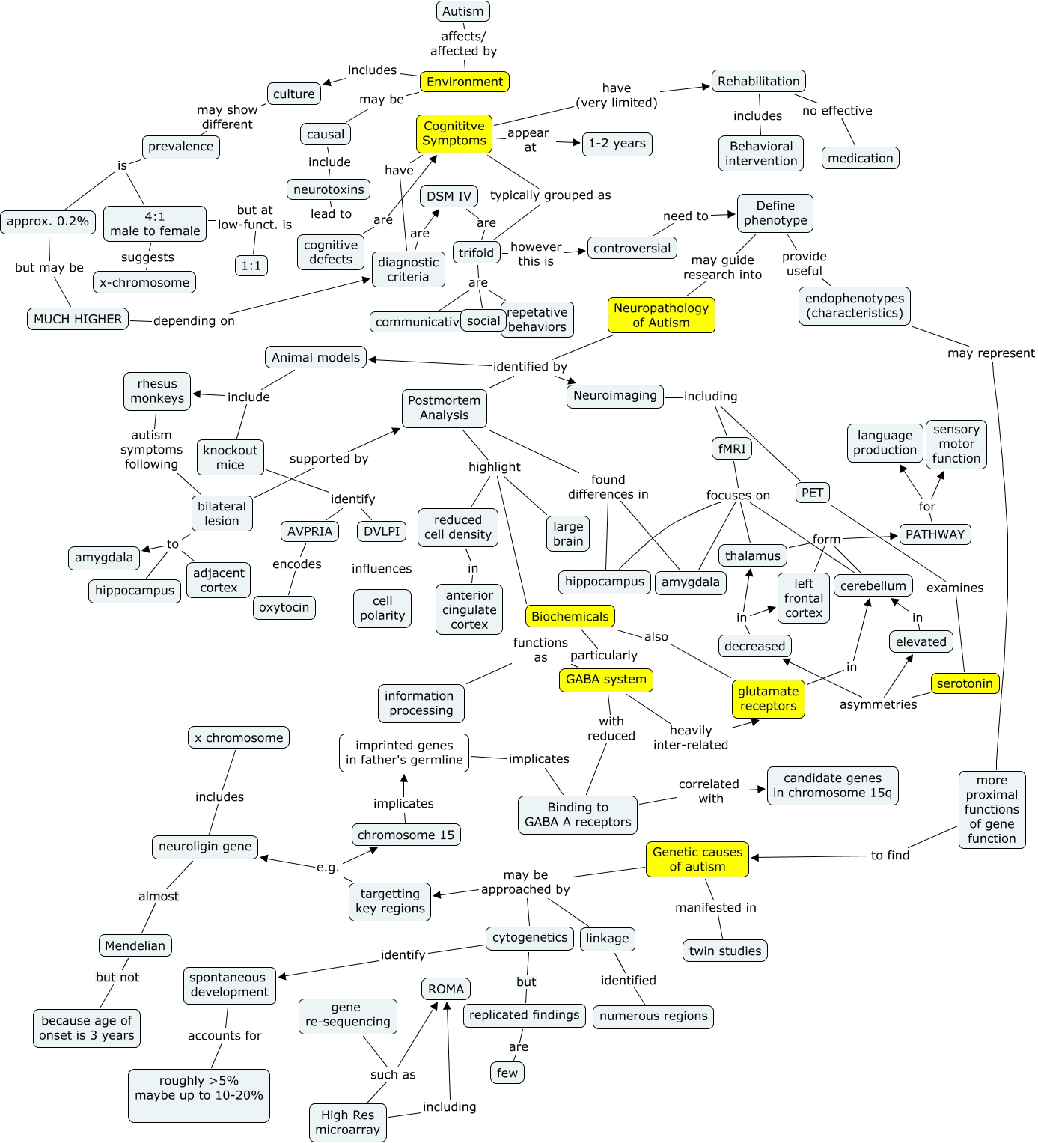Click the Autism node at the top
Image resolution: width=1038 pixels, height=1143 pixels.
tap(462, 11)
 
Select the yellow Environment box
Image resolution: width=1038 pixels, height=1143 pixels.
tap(465, 82)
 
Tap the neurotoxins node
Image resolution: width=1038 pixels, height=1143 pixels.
tap(329, 189)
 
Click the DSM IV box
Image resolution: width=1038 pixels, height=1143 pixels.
tap(449, 196)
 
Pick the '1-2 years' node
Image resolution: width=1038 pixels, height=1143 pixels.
tap(617, 144)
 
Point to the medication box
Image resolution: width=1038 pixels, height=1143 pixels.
tap(860, 158)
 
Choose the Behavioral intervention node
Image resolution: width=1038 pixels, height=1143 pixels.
tap(761, 153)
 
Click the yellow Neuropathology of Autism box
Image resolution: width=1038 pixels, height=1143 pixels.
tap(661, 315)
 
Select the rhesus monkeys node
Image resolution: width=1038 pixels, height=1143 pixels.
tap(157, 391)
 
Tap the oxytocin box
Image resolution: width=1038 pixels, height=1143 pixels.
tap(284, 607)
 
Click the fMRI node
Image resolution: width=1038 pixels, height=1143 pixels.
tap(732, 448)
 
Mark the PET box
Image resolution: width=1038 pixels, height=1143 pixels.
tap(812, 493)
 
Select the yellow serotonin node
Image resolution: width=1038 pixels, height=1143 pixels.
tap(965, 683)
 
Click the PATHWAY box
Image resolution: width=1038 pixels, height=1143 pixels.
tap(935, 534)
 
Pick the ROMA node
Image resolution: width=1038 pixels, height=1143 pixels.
tap(446, 989)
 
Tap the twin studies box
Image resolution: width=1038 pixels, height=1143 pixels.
tap(724, 951)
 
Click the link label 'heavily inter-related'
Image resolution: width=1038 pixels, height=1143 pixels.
tap(690, 737)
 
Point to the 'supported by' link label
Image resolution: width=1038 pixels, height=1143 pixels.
tap(329, 458)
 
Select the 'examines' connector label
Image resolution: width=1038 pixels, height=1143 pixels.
tap(955, 588)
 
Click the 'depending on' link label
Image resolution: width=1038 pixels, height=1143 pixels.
tap(194, 320)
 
